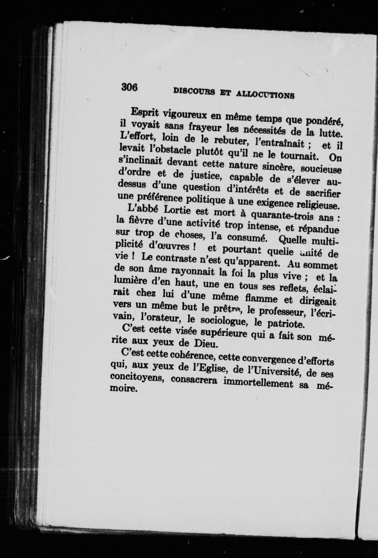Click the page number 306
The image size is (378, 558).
[x=129, y=87]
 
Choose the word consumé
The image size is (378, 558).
[x=244, y=238]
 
